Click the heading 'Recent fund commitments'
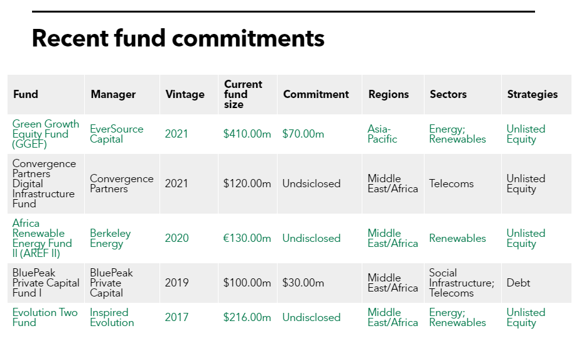(x=178, y=38)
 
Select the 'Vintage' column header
(x=185, y=94)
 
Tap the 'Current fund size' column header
(x=243, y=94)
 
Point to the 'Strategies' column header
(x=532, y=94)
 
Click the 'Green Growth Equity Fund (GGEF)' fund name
(x=45, y=134)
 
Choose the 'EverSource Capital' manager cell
(x=116, y=134)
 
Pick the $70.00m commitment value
(x=303, y=134)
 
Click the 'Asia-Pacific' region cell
(x=382, y=134)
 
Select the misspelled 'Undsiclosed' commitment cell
(x=311, y=183)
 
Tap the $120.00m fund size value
(x=247, y=183)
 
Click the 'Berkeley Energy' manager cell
(x=111, y=238)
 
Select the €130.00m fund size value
(x=247, y=238)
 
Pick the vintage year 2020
(x=176, y=238)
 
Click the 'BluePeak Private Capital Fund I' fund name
(x=46, y=283)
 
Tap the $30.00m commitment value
(x=303, y=283)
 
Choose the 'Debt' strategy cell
(x=518, y=283)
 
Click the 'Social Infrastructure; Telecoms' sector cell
(x=461, y=283)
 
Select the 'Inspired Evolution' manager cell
(x=112, y=317)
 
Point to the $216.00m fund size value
(x=247, y=317)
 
